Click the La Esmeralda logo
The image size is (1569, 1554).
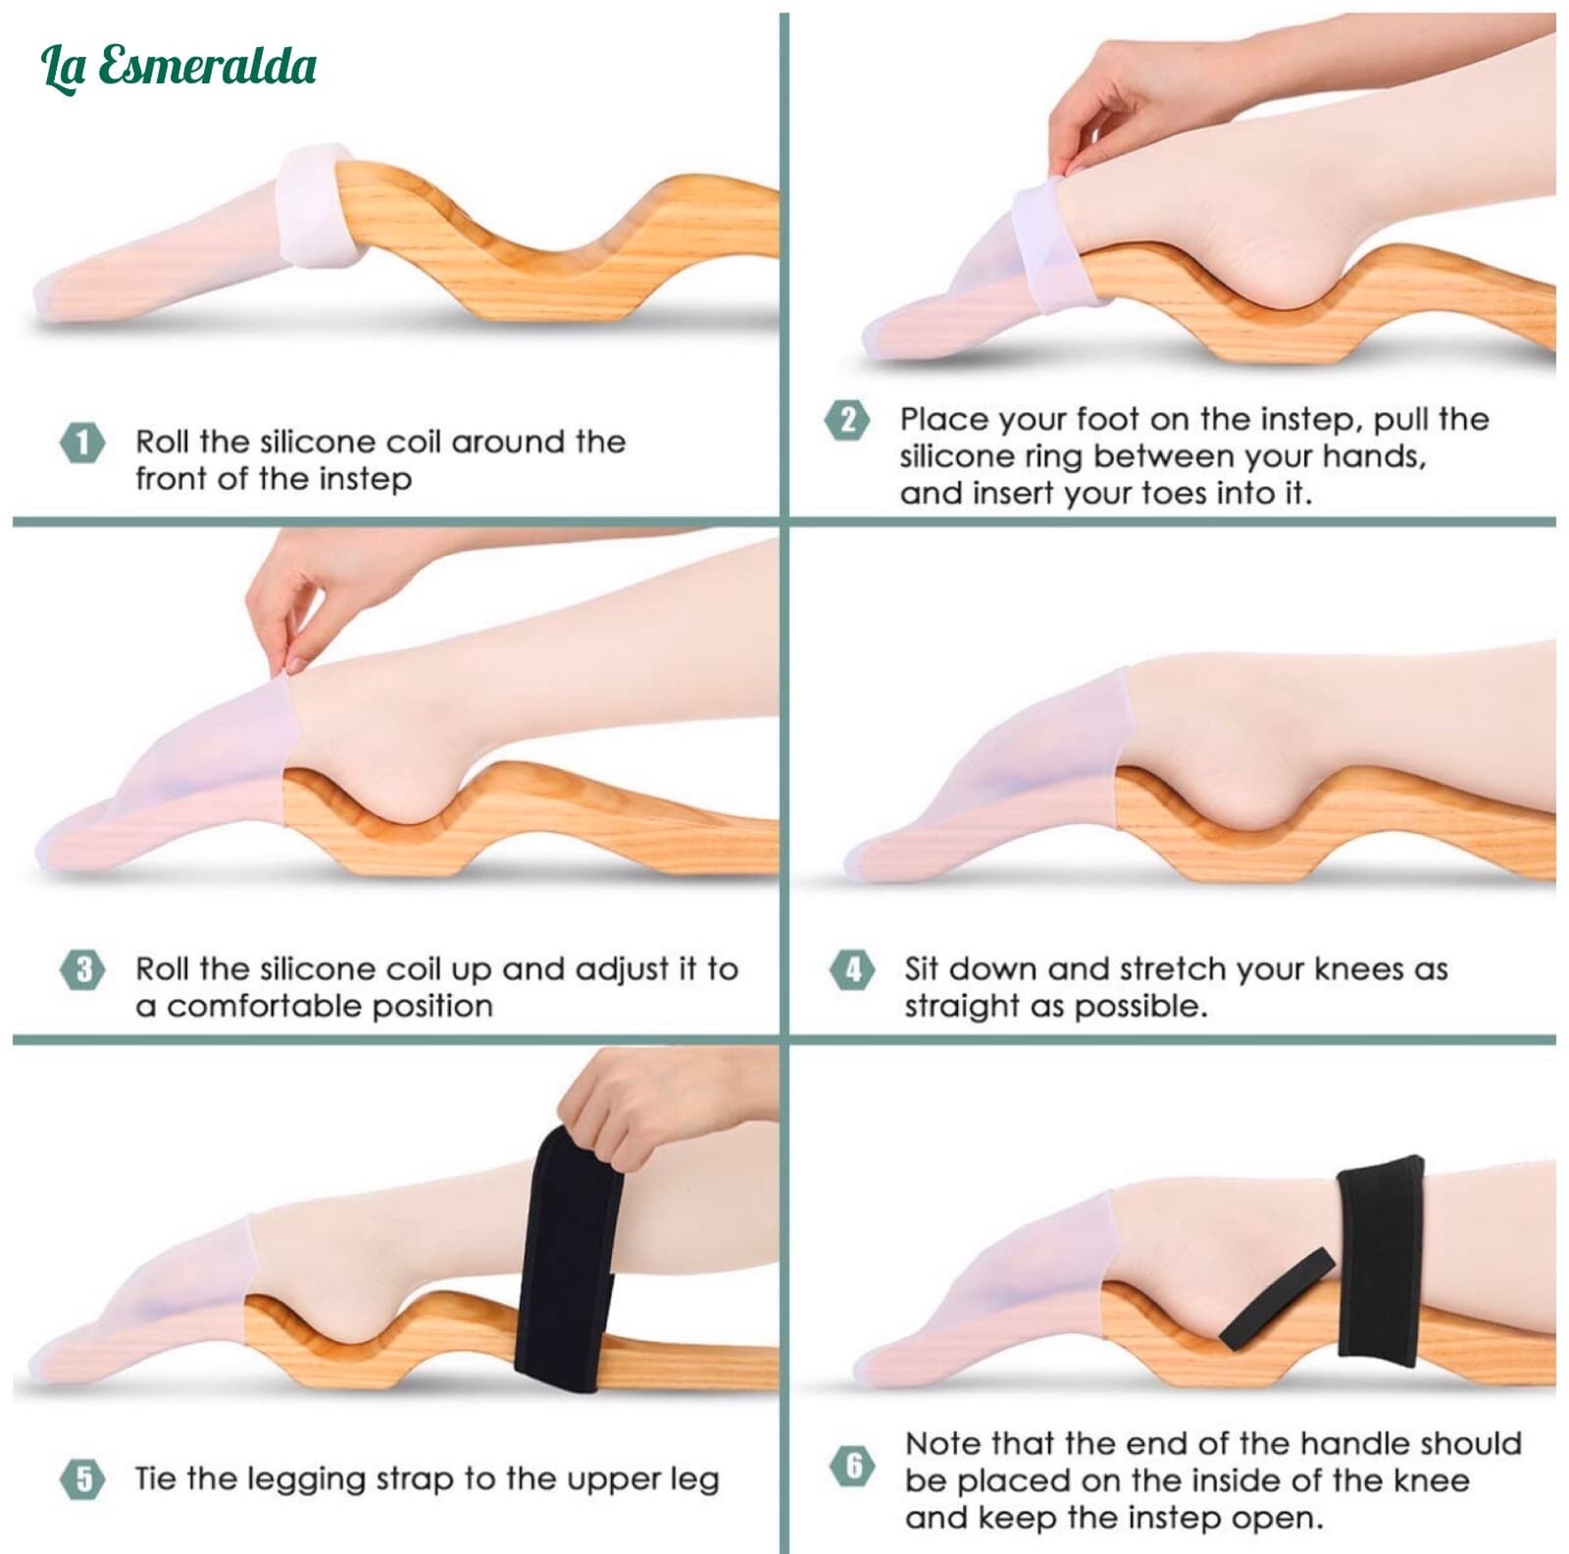tap(178, 67)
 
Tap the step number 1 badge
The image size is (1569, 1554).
tap(83, 442)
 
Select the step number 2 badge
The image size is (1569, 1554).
tap(847, 420)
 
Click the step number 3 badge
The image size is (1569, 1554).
tap(83, 970)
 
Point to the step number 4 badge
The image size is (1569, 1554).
tap(852, 970)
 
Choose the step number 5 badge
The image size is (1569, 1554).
tap(83, 1478)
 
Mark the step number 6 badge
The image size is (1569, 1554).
tap(852, 1466)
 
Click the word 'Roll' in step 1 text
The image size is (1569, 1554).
tap(163, 441)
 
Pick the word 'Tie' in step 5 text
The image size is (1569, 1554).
tap(154, 1478)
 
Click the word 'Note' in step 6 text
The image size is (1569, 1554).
tap(941, 1444)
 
